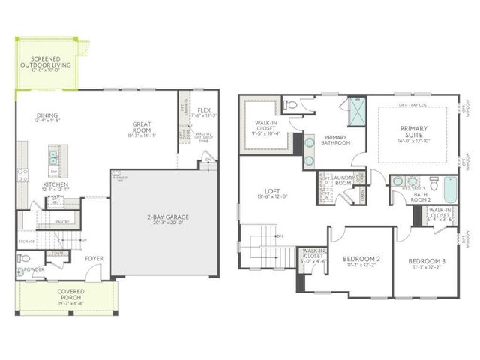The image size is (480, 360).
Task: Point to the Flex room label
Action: pyautogui.click(x=203, y=113)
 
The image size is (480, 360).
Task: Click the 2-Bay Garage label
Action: pyautogui.click(x=167, y=220)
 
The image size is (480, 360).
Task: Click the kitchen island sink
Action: pyautogui.click(x=52, y=157)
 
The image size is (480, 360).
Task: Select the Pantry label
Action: pyautogui.click(x=62, y=222)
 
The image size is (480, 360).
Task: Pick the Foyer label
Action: pyautogui.click(x=94, y=259)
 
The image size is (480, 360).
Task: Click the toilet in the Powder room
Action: pyautogui.click(x=23, y=259)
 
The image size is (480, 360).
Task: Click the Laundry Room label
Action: pyautogui.click(x=343, y=181)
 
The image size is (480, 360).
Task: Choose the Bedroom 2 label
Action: pyautogui.click(x=362, y=262)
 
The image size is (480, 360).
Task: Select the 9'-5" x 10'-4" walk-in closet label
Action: pyautogui.click(x=268, y=130)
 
